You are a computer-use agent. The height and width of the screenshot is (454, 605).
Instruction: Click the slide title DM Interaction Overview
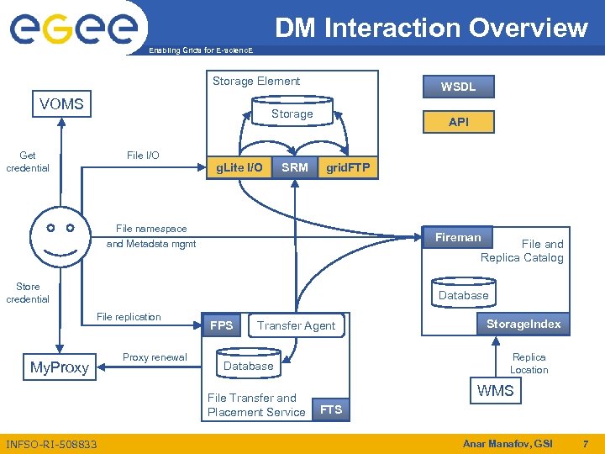tap(431, 28)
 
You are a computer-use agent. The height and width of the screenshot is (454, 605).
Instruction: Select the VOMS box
tap(61, 104)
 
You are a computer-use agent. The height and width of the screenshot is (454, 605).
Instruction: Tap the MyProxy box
tap(59, 367)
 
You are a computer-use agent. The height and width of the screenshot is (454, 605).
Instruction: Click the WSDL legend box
tap(459, 87)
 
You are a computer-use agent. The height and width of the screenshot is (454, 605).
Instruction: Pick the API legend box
tap(459, 122)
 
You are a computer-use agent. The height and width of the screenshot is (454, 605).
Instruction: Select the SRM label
tap(294, 167)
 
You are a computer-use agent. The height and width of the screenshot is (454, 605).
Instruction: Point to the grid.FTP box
tap(347, 167)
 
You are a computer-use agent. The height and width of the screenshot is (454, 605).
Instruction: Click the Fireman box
tap(458, 238)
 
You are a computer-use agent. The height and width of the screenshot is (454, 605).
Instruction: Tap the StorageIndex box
tap(523, 324)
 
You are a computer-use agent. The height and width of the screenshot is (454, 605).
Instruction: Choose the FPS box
tap(222, 325)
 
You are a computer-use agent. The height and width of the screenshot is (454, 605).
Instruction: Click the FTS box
tap(331, 409)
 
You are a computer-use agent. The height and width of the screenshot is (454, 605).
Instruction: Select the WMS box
tap(495, 391)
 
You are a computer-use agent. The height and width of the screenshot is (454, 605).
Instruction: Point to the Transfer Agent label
tap(296, 325)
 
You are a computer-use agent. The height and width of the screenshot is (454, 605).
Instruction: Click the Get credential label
tap(28, 161)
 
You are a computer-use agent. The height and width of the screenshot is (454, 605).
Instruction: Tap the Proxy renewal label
tap(155, 357)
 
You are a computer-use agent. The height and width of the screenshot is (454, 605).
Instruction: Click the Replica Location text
tap(529, 363)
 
